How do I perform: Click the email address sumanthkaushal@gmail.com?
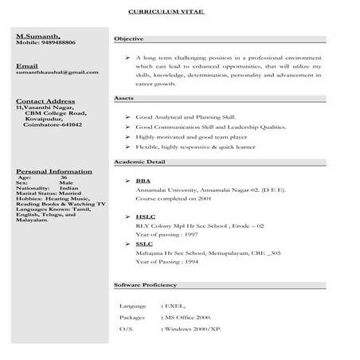coord(57,72)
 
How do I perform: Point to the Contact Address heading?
coord(45,102)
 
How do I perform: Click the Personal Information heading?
coord(53,171)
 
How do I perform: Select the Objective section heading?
coord(128,38)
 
